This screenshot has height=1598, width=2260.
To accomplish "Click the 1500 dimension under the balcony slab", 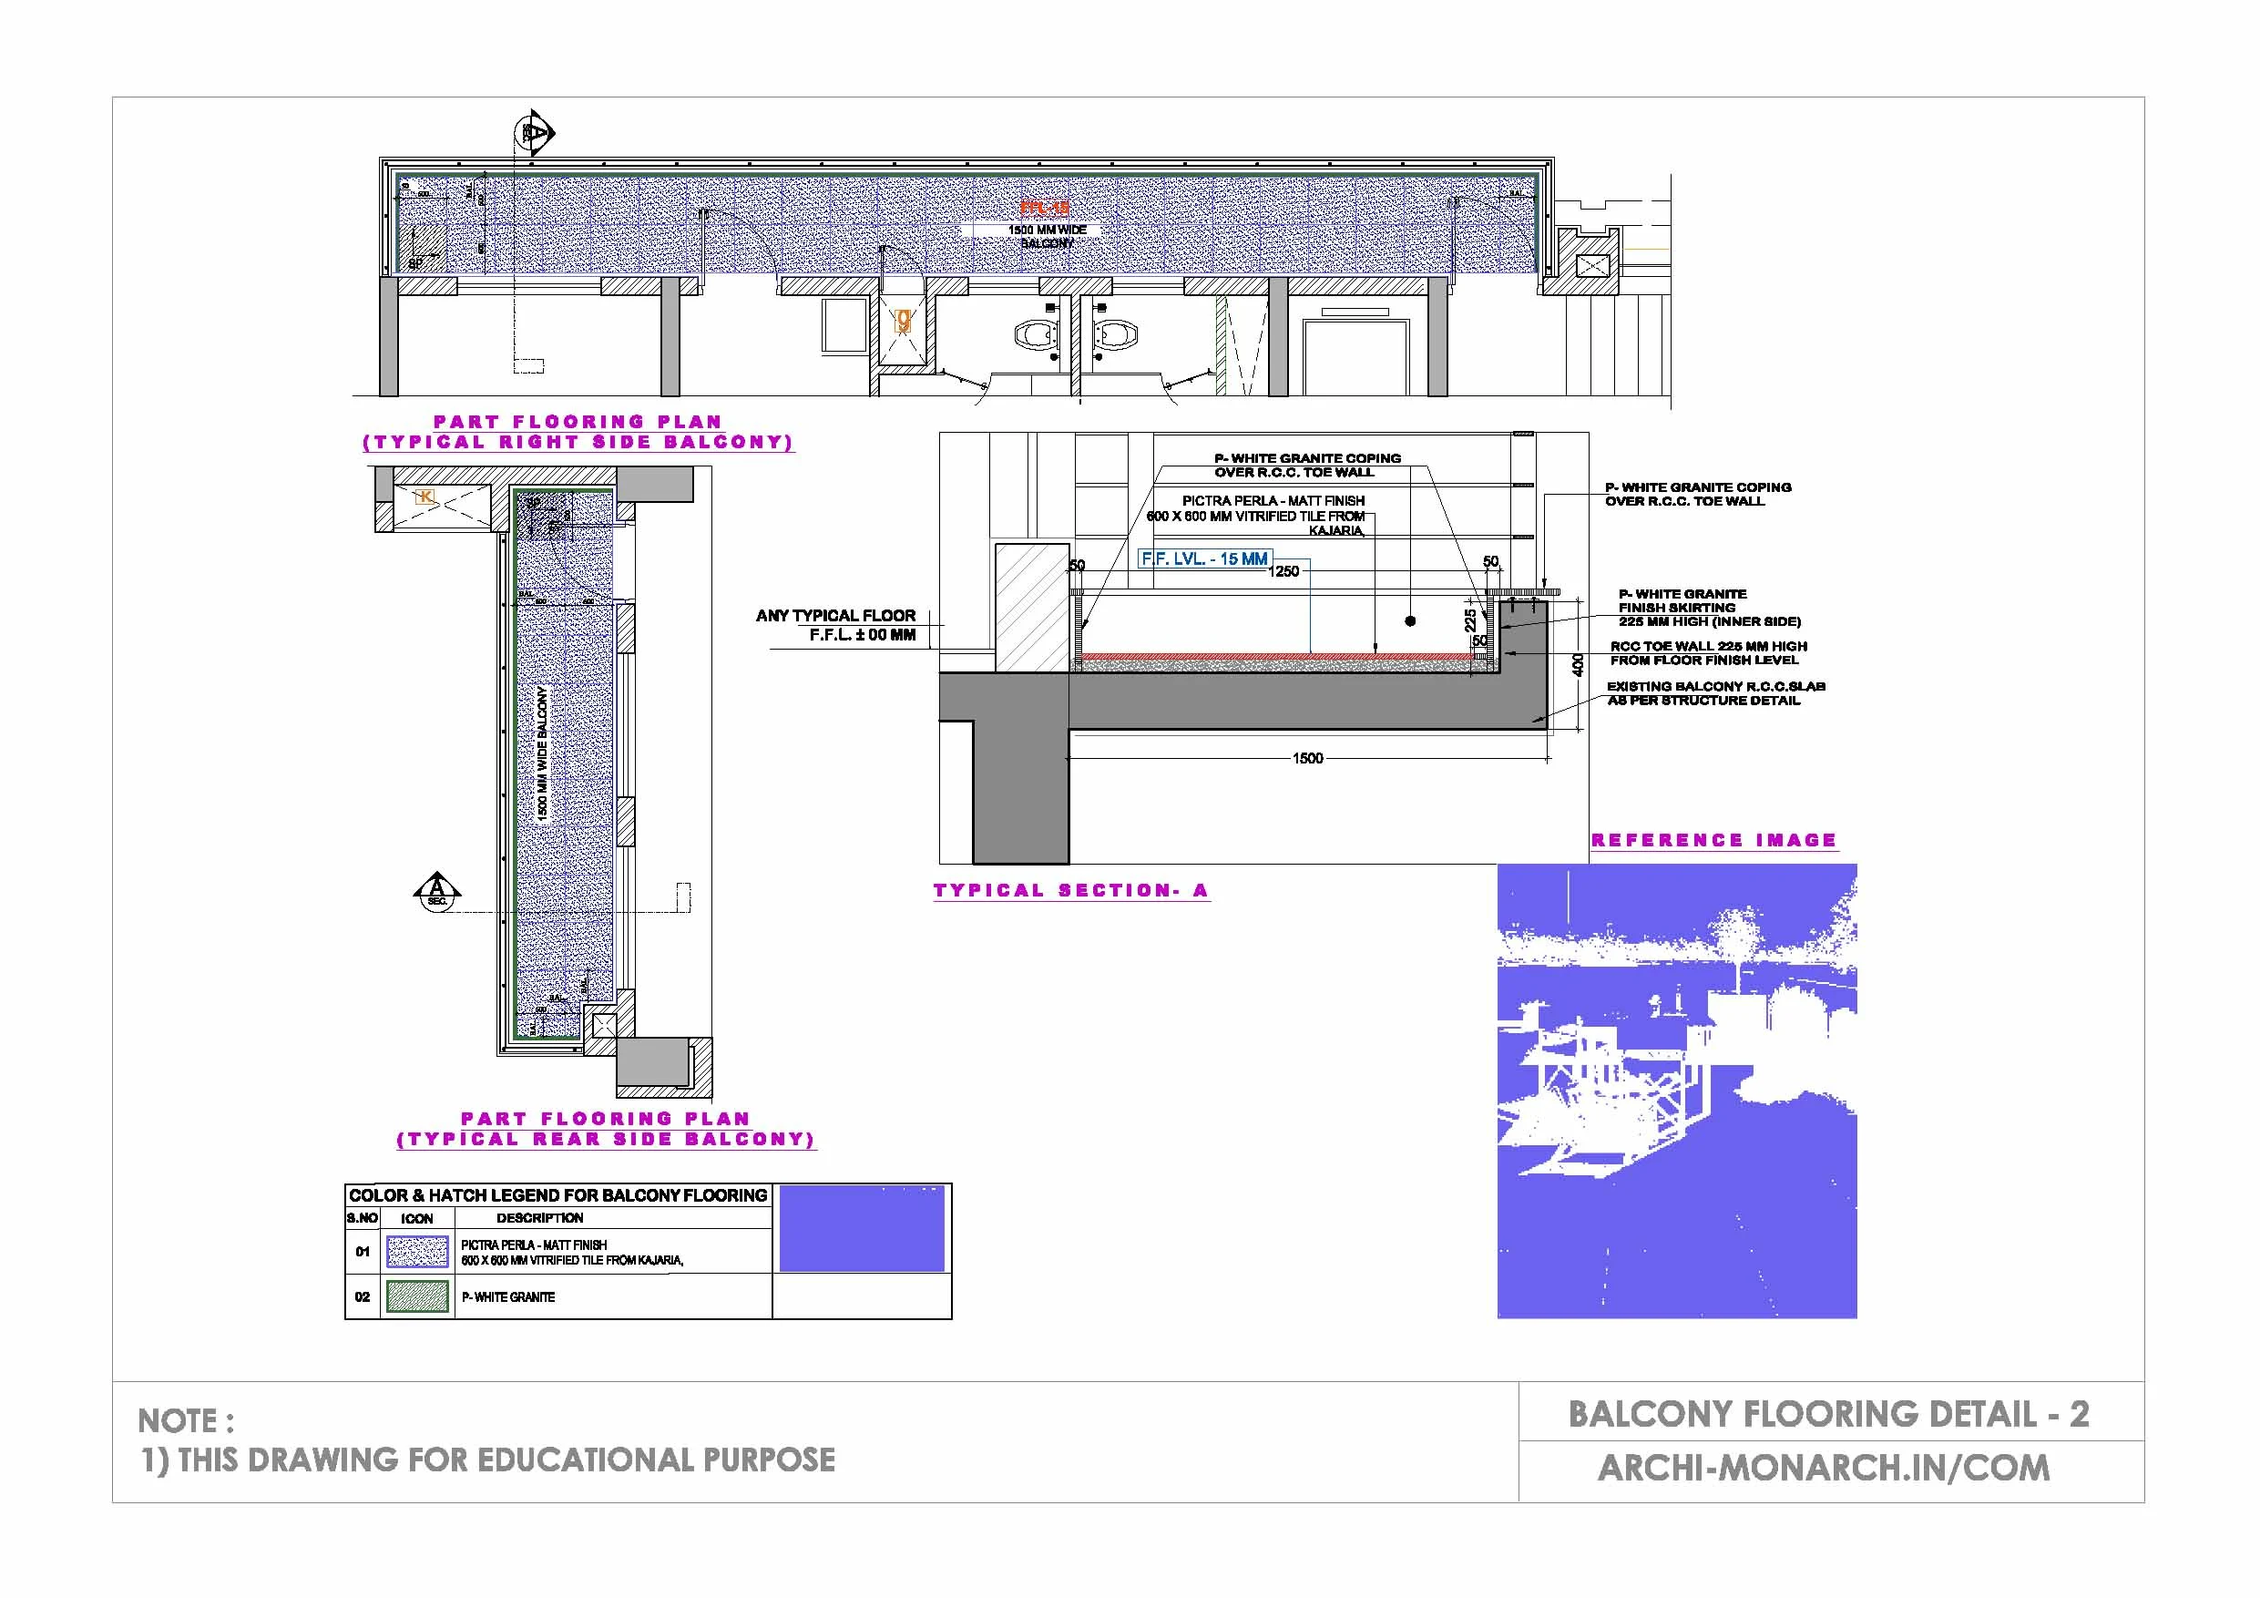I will coord(1307,758).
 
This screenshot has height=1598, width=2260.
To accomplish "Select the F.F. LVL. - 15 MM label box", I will coord(1204,559).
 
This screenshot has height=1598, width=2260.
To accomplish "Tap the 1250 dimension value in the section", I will coord(1283,571).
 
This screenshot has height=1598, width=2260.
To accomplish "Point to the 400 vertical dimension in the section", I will coord(1578,664).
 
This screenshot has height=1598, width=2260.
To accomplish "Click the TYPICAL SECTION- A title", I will coord(1070,891).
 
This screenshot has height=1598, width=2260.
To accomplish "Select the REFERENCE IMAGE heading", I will coord(1713,841).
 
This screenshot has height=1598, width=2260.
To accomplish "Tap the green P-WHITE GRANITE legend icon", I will coord(417,1296).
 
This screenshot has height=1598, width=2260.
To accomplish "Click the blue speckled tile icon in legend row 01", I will coord(417,1252).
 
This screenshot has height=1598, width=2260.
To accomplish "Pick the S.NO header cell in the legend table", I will coord(363,1219).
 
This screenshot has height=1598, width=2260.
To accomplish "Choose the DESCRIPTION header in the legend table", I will coord(539,1219).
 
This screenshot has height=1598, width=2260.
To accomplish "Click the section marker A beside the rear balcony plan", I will coord(438,890).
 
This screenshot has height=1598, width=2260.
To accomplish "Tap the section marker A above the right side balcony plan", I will coord(536,132).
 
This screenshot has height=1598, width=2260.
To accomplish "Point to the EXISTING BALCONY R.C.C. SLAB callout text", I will coord(1714,693).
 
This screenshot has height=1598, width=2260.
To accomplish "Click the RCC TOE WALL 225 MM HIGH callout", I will coord(1708,653).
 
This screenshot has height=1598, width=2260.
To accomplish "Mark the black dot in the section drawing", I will coord(1410,621).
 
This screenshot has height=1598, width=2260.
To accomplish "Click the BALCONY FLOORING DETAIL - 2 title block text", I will coord(1828,1415).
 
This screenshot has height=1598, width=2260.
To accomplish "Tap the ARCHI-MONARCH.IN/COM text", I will coord(1823,1468).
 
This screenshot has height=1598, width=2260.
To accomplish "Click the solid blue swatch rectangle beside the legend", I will coord(862,1229).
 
